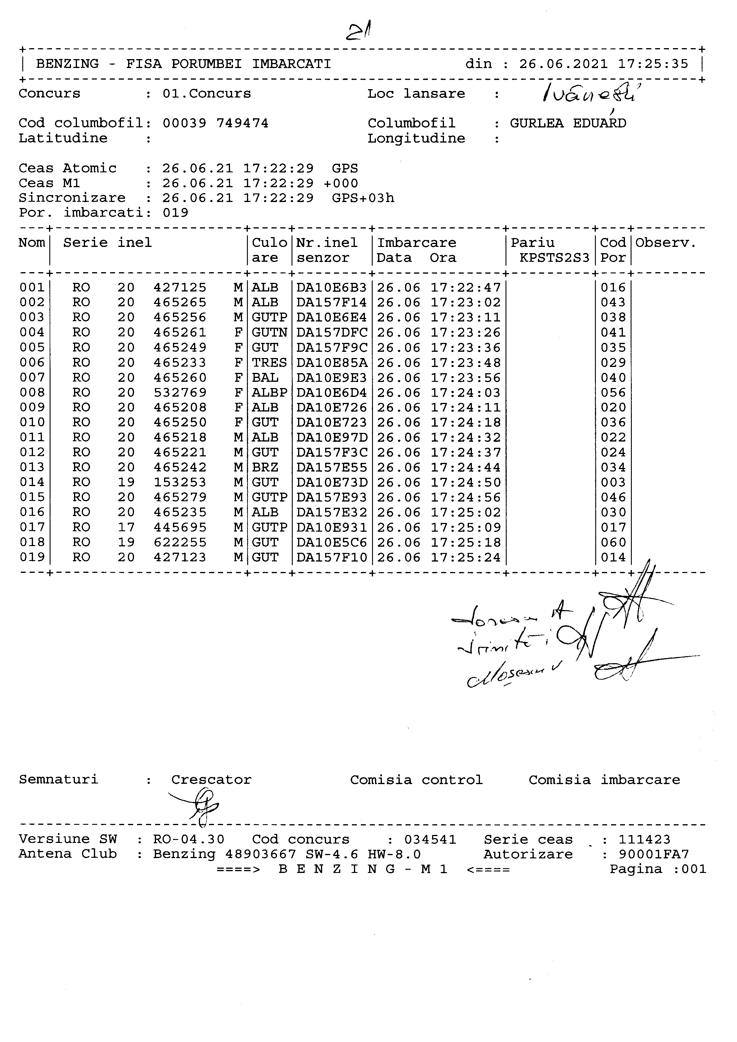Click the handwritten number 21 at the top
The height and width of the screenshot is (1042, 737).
(x=359, y=32)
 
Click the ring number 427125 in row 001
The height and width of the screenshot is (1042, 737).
(x=180, y=288)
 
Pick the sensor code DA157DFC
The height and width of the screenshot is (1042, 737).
(x=332, y=333)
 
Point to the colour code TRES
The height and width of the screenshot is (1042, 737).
(x=269, y=362)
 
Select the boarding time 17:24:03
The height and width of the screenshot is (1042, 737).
(x=466, y=392)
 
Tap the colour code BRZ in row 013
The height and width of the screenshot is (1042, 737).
(x=265, y=467)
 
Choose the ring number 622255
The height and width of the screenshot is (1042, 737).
(x=180, y=542)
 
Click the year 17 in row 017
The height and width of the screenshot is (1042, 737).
(x=126, y=527)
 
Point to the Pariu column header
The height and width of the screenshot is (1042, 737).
(x=533, y=243)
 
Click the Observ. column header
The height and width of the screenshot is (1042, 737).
(x=665, y=243)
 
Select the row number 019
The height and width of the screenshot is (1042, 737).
(x=32, y=557)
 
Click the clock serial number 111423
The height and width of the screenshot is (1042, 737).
(x=644, y=840)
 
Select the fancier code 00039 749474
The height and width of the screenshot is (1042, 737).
(x=215, y=123)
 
